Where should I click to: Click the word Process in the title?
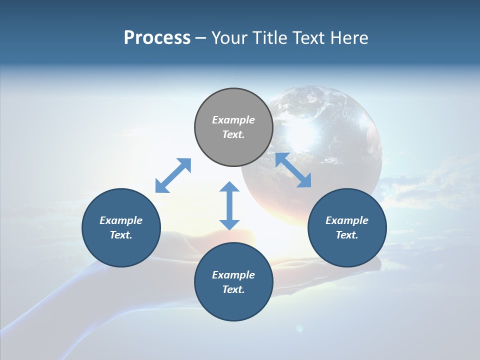click(x=157, y=38)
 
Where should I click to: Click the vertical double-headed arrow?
click(x=229, y=205)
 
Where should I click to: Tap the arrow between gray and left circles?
click(x=173, y=175)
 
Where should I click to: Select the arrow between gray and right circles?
click(x=293, y=170)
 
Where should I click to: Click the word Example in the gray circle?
click(x=233, y=120)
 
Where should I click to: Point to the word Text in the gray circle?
click(x=233, y=134)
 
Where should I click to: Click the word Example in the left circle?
click(x=121, y=220)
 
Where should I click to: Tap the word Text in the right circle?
click(x=347, y=235)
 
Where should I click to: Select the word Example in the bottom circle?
click(x=233, y=275)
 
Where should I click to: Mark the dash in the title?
click(x=201, y=38)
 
